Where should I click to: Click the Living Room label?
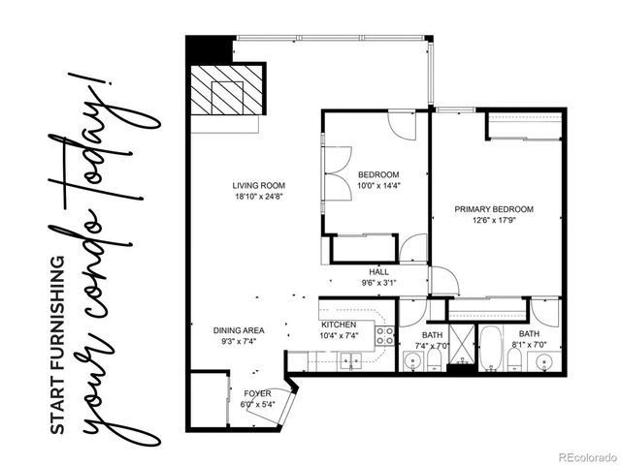point(258,186)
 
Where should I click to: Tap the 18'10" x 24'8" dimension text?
point(258,198)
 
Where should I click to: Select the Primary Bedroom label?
point(494,209)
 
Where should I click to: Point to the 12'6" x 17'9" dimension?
point(494,221)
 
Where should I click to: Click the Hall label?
point(378,272)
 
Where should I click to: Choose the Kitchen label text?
point(338,325)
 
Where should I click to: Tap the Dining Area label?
point(238,330)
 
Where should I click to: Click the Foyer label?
point(257,393)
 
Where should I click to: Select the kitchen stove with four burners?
point(385,337)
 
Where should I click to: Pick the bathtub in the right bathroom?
point(489,347)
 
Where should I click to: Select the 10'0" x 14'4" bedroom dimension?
point(376,186)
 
